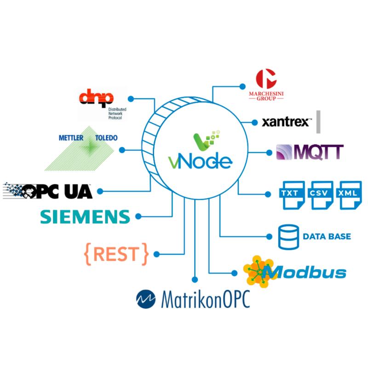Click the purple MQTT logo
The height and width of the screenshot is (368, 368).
point(309,152)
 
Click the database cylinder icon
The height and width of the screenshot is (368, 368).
point(288,236)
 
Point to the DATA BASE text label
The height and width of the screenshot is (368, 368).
point(327,236)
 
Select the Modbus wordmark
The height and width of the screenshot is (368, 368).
point(306,272)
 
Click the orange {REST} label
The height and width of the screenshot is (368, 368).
point(116,254)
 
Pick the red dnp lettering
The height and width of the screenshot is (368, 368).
point(96,97)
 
